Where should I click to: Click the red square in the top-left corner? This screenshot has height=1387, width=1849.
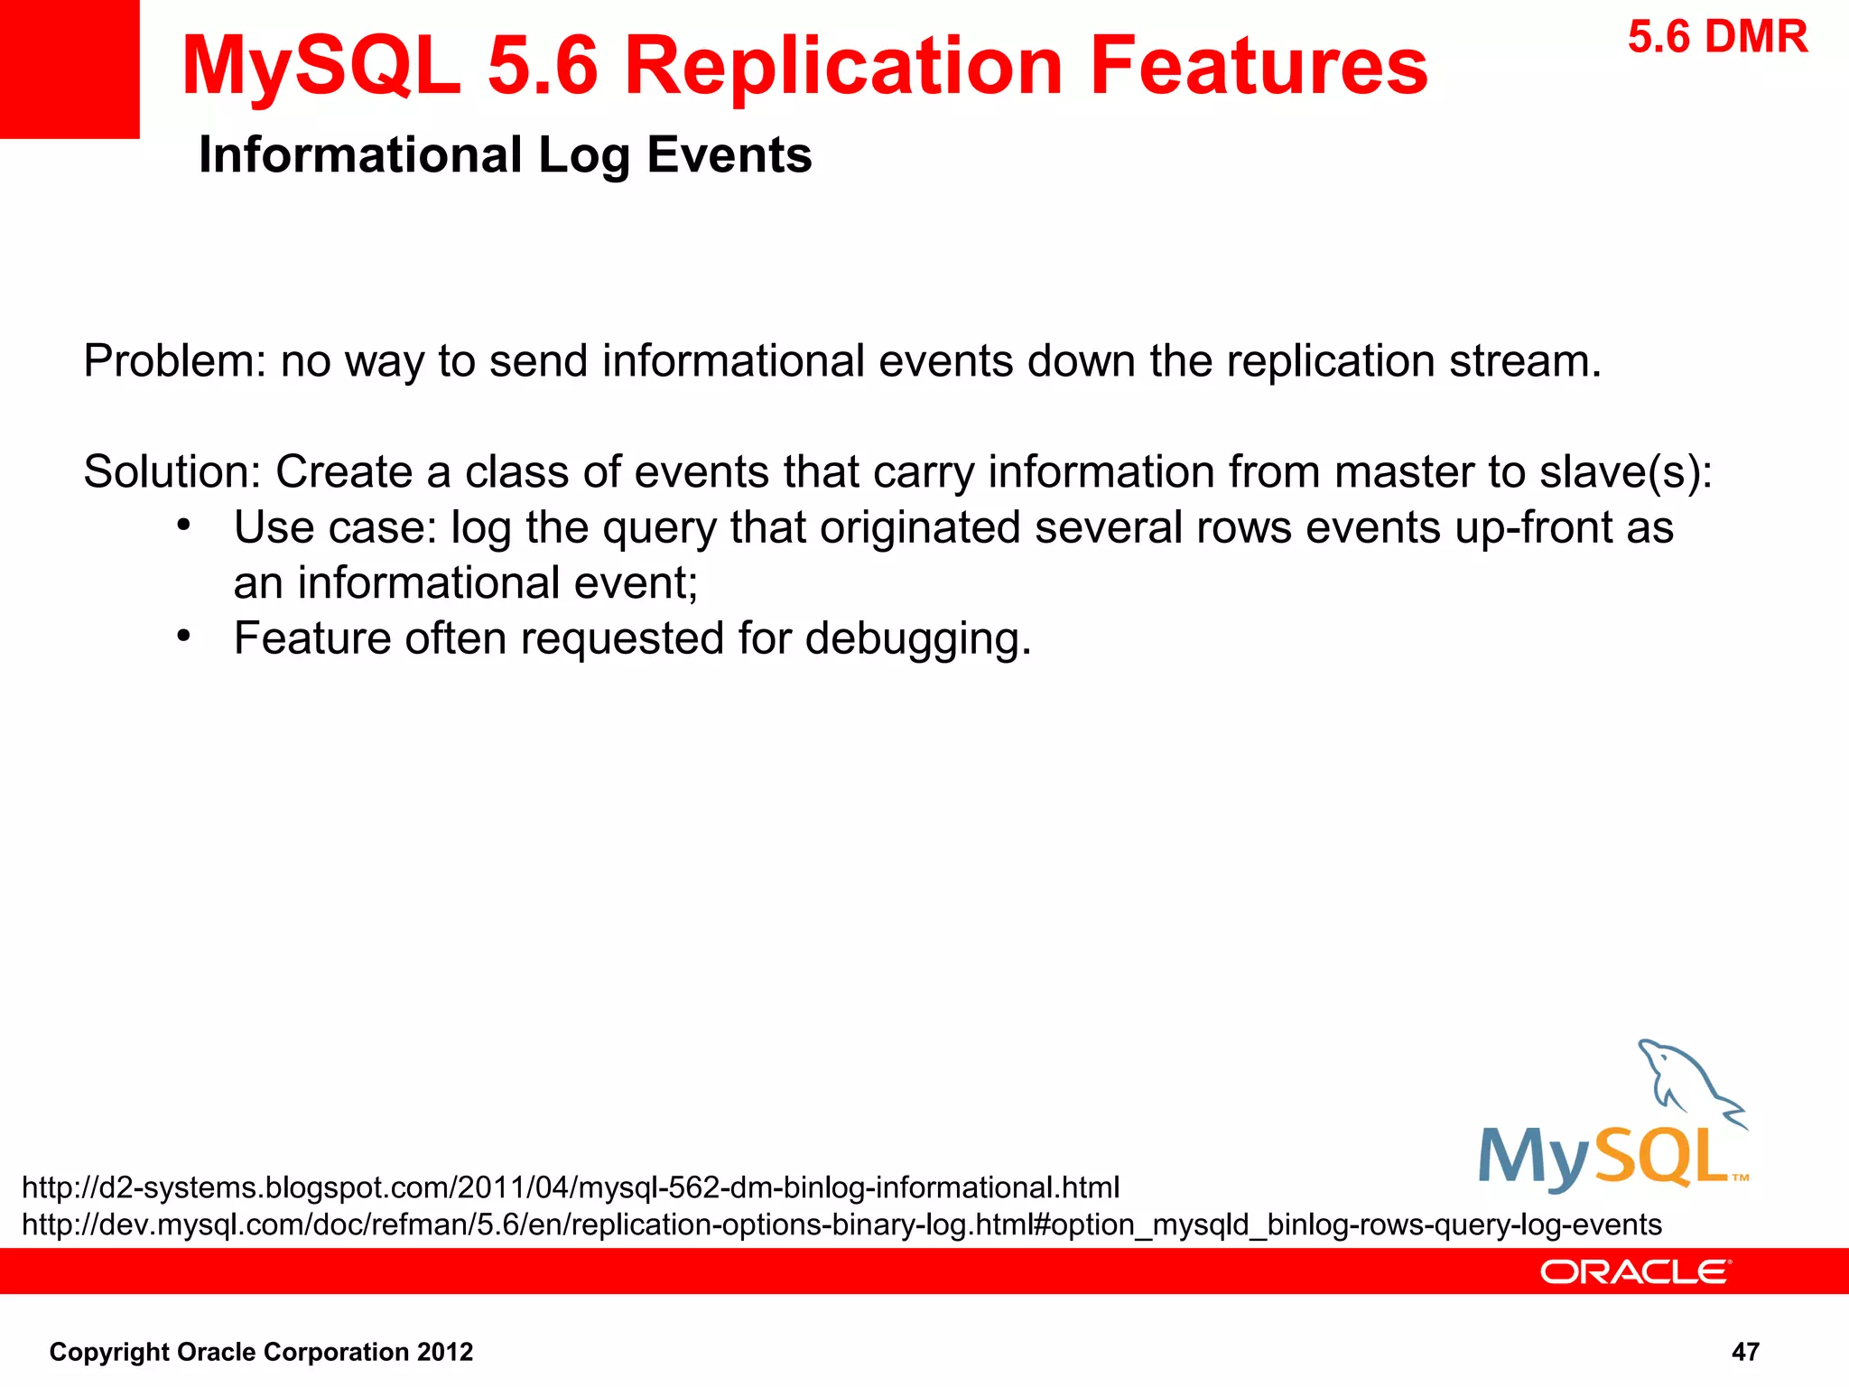click(x=69, y=69)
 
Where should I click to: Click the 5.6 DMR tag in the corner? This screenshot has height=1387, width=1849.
click(x=1717, y=38)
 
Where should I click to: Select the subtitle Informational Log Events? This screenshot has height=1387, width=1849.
click(x=505, y=154)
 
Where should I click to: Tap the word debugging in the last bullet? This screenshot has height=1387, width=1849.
click(x=917, y=639)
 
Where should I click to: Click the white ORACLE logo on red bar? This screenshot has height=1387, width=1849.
click(x=1635, y=1271)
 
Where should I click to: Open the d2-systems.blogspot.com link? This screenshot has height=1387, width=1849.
click(x=571, y=1187)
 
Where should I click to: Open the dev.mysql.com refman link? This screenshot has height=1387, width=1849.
click(x=841, y=1224)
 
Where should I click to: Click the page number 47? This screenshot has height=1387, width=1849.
click(x=1744, y=1352)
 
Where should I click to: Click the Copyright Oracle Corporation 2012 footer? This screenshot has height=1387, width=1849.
click(x=261, y=1352)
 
